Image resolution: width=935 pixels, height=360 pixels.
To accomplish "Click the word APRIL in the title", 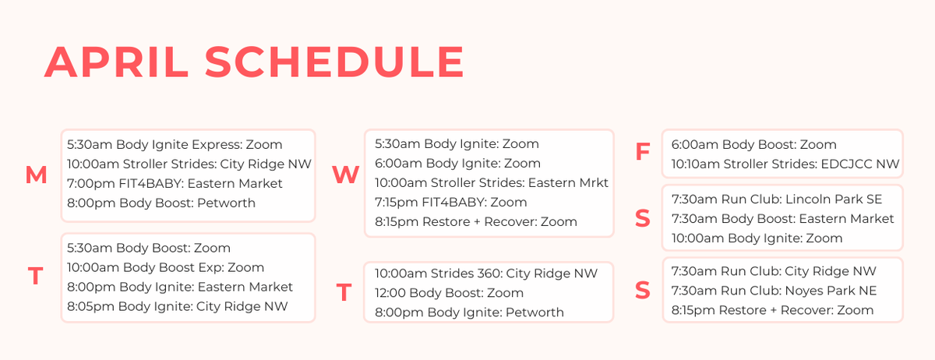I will coord(118,62).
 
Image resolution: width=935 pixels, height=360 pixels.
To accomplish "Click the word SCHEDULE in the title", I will coord(334,62).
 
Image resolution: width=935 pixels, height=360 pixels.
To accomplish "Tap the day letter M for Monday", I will coord(36,176).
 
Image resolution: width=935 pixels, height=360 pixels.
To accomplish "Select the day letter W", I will coord(345,175).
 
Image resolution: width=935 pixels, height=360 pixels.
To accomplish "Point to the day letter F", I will coord(642,153).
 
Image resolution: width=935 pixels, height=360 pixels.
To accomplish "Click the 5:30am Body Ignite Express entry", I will coord(175,144).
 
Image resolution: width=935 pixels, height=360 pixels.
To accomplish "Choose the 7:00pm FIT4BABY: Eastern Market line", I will coord(175,183).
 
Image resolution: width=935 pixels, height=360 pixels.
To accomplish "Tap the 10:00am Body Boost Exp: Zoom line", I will coord(165,267).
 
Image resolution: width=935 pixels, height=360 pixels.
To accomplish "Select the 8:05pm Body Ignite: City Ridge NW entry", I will coord(177,306).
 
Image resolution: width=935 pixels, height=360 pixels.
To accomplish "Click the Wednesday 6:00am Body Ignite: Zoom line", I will coord(457,164).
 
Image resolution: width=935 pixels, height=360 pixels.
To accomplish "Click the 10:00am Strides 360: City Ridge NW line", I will coord(485,274).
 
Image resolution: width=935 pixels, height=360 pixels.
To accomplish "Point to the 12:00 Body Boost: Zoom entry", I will coord(449,293).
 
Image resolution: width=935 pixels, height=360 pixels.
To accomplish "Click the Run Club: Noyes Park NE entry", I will coord(774,291).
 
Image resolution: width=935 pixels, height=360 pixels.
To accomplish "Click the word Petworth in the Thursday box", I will coord(535,312).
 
